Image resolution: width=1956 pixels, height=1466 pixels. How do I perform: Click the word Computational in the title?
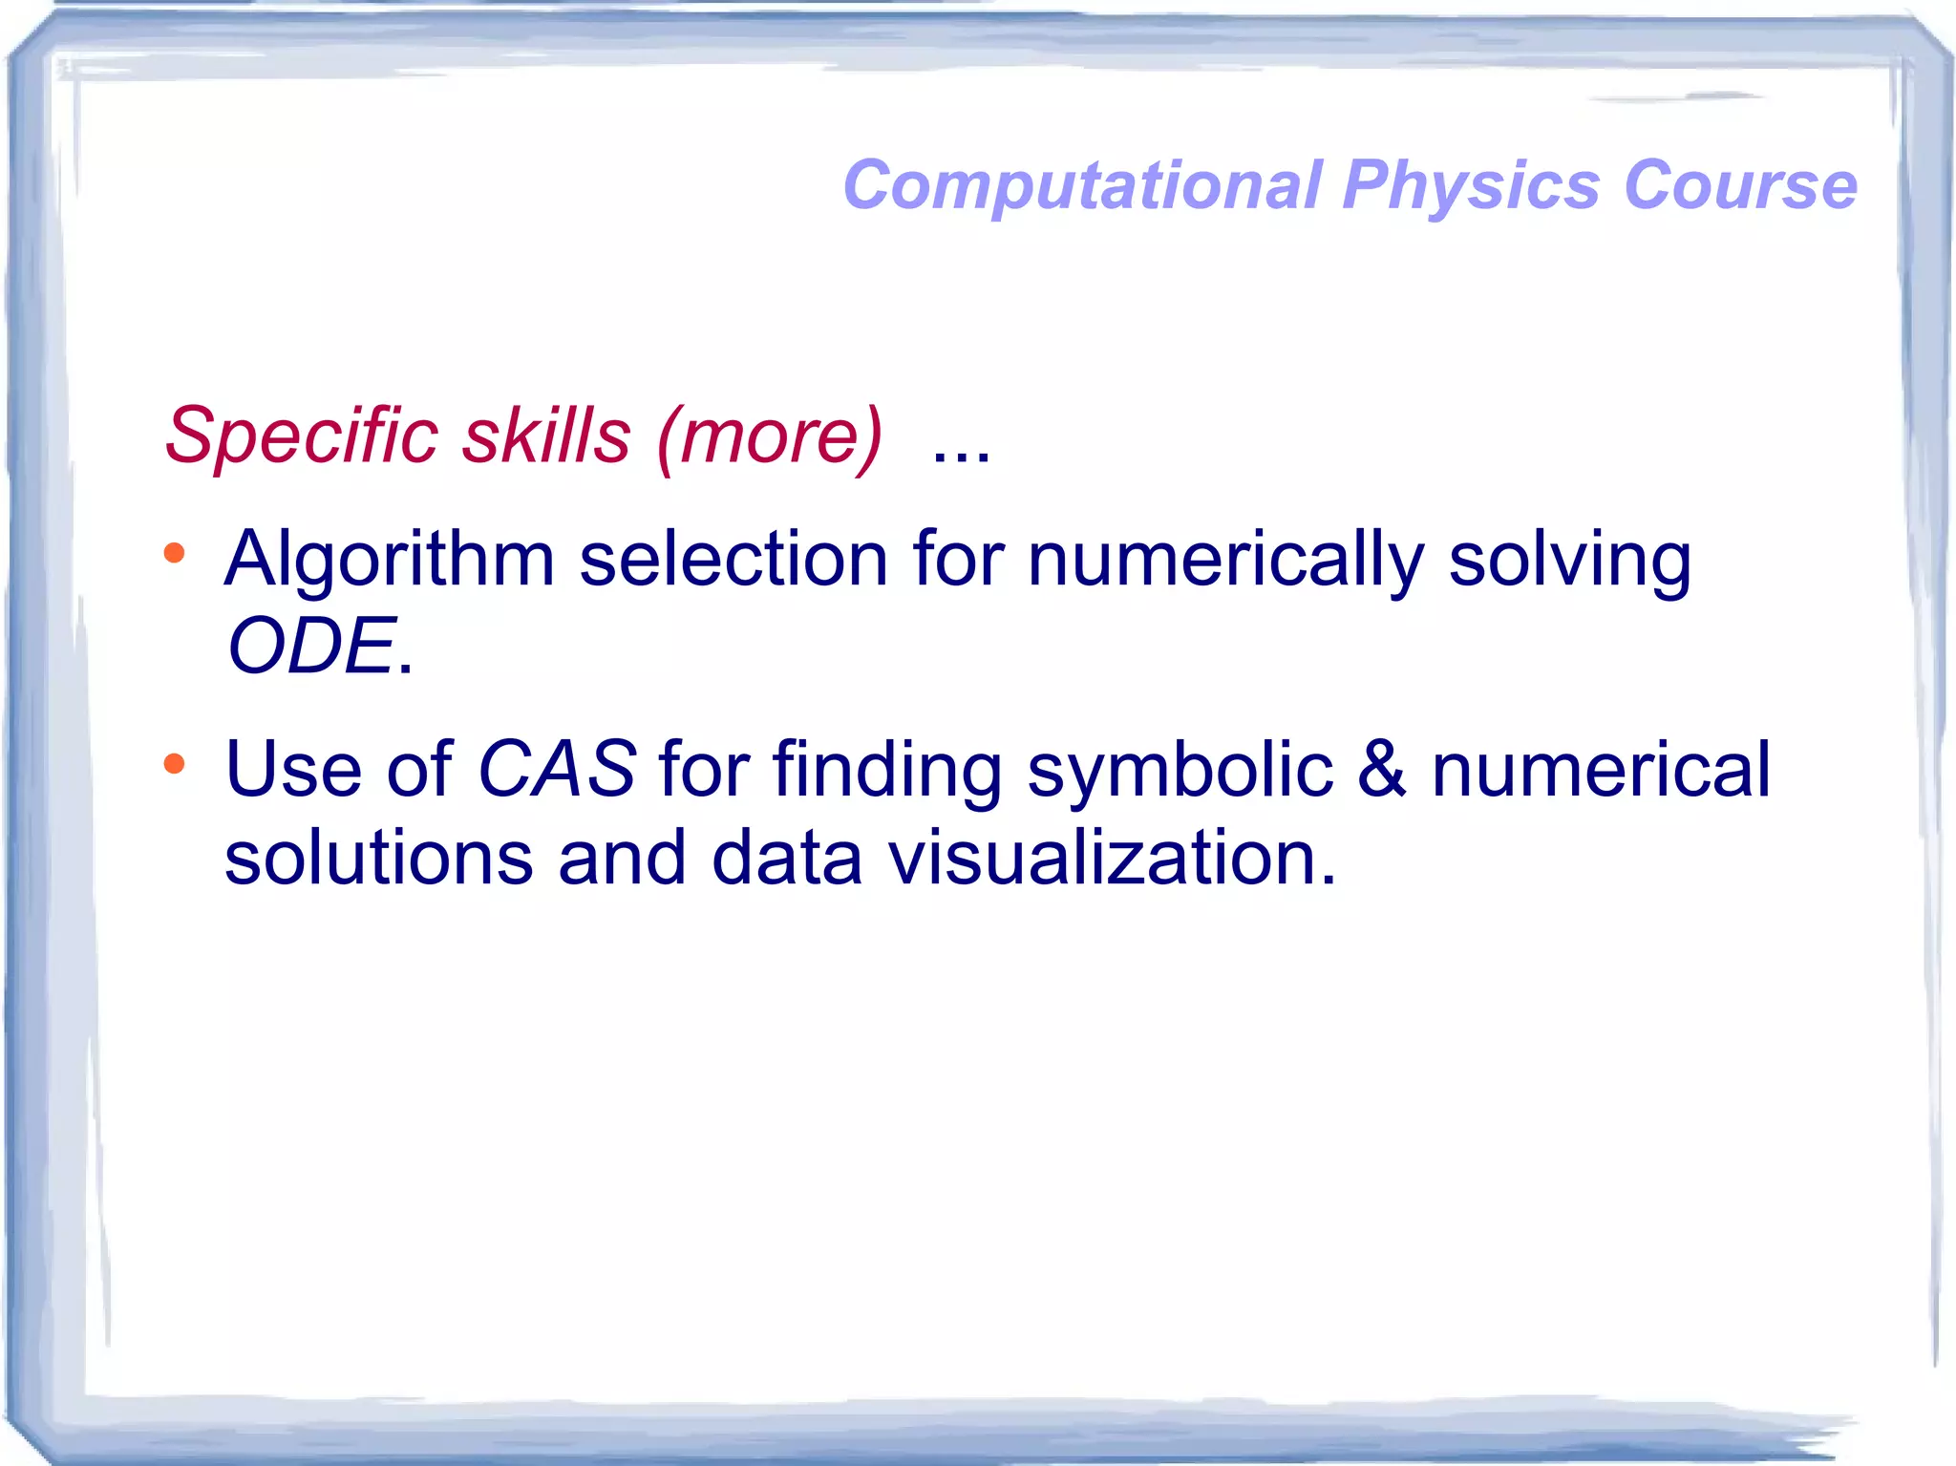(x=1082, y=185)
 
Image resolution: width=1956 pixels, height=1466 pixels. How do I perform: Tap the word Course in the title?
(x=1740, y=185)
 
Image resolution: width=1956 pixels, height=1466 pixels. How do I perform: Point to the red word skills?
(x=546, y=436)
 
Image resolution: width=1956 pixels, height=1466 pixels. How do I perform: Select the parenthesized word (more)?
(x=770, y=437)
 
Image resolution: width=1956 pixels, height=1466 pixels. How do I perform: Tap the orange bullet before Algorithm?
(x=174, y=553)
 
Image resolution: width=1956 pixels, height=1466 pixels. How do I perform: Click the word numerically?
(x=1225, y=560)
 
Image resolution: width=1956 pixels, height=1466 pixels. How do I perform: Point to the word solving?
(x=1569, y=560)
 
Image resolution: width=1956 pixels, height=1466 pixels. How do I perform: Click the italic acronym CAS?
(x=556, y=770)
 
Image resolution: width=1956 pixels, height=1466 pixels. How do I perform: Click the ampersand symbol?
(x=1381, y=770)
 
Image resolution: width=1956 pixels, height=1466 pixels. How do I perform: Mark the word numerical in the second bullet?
(x=1601, y=770)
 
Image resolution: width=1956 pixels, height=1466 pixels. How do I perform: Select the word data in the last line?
(x=787, y=857)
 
